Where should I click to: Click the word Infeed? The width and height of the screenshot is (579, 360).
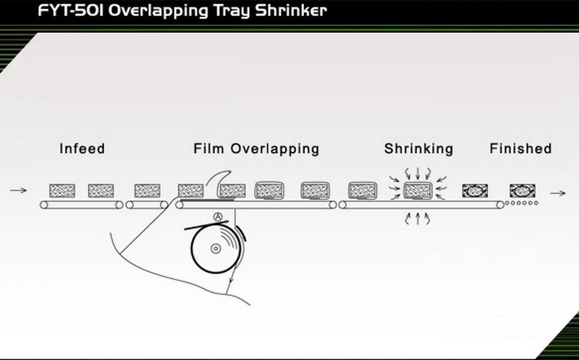pos(82,148)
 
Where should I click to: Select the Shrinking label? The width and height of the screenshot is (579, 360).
pos(419,148)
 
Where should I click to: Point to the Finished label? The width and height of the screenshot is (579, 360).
pos(521,148)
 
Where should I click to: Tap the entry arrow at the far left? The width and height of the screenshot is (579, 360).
pos(18,190)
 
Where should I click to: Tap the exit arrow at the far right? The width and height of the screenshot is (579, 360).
pos(558,193)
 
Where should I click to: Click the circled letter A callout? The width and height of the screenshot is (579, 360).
pos(218,216)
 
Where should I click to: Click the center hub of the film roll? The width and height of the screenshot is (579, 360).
pos(216,249)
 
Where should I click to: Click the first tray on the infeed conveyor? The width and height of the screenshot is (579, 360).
pos(62,190)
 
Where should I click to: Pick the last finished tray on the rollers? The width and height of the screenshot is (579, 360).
pos(523,190)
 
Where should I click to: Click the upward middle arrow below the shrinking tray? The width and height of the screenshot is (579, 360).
pos(418,218)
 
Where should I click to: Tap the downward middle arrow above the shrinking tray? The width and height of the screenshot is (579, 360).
pos(418,173)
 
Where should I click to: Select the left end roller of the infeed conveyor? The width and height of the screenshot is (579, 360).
pos(44,204)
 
